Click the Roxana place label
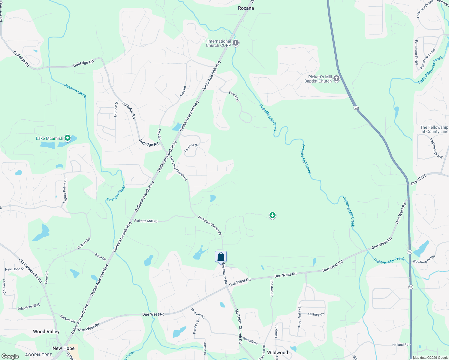tap(246, 8)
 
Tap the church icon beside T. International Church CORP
tap(236, 43)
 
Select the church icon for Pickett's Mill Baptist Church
tap(336, 79)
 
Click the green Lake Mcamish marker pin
tap(68, 138)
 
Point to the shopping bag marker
tap(221, 257)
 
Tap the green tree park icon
tap(272, 215)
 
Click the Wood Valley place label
tap(46, 331)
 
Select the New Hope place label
tap(63, 348)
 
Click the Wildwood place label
tap(277, 352)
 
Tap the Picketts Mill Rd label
tap(146, 221)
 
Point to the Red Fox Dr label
tap(191, 148)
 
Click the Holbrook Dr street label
tap(116, 109)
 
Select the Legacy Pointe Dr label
tap(65, 191)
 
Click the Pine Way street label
tap(234, 97)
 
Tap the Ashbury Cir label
tap(316, 314)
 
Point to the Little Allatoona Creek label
tap(430, 70)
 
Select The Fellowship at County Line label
tap(434, 129)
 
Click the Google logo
tap(10, 356)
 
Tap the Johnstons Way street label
tap(29, 307)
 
